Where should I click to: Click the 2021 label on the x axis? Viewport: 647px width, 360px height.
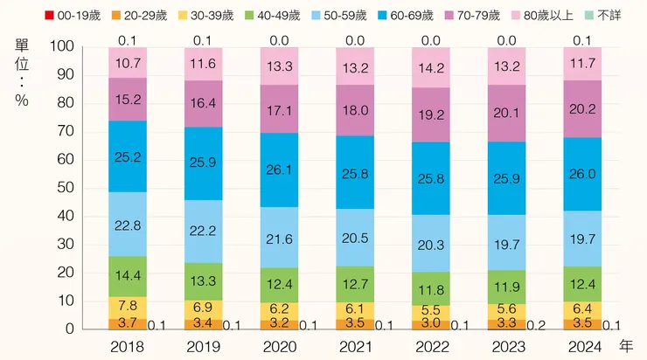[356, 346]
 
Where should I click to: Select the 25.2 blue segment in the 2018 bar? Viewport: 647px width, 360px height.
[128, 157]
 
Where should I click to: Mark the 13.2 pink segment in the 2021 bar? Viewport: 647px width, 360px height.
[356, 66]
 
